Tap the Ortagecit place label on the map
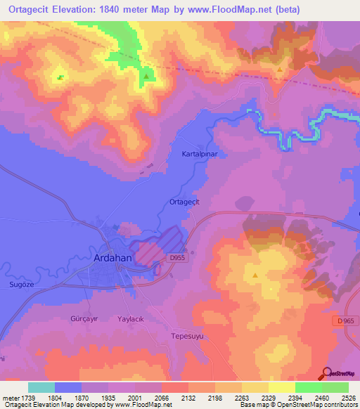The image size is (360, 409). click(x=186, y=202)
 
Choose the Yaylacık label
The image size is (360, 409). click(x=131, y=318)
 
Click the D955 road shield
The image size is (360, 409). click(x=179, y=259)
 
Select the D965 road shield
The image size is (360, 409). click(x=342, y=320)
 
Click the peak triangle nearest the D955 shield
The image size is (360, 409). click(x=255, y=275)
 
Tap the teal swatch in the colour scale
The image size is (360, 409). click(x=41, y=387)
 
